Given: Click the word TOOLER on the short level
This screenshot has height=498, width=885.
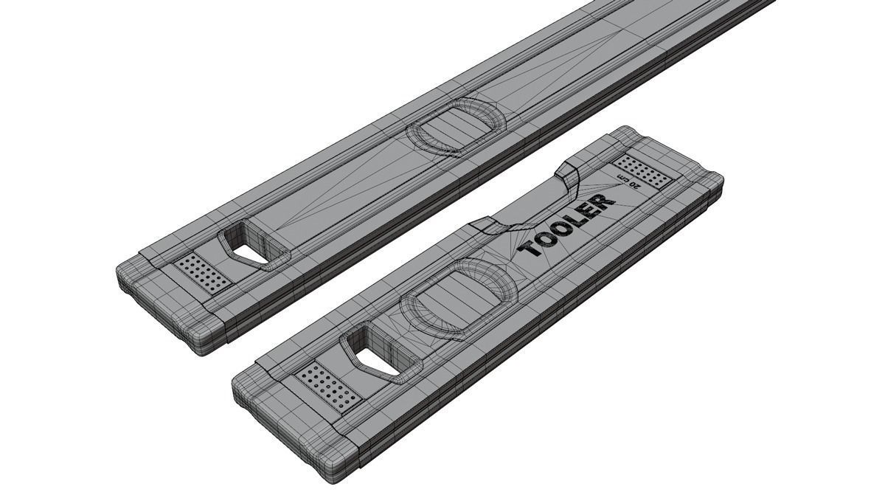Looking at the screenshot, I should (x=567, y=225).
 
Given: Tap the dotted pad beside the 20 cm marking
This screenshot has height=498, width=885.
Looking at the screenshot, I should (x=643, y=170).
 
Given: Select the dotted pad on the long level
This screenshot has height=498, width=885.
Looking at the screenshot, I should (x=202, y=273).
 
